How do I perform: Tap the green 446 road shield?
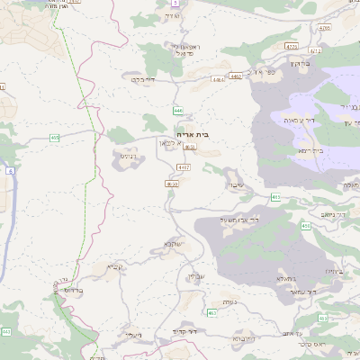tap(177, 110)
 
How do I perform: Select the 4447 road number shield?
tap(184, 167)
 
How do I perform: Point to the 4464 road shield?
tap(219, 79)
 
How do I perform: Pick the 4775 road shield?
tap(290, 45)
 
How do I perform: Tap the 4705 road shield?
tap(324, 28)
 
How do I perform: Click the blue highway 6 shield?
tap(9, 170)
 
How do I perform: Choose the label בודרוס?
tap(73, 291)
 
